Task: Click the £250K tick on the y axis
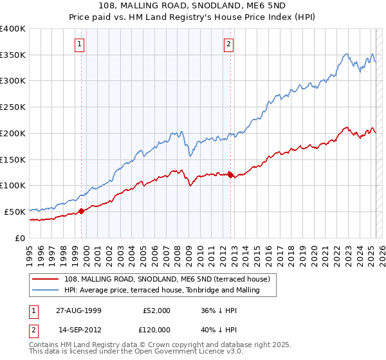tap(13, 107)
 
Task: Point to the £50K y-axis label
tap(15, 212)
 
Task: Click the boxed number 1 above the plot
tap(79, 44)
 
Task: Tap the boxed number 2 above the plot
tap(228, 44)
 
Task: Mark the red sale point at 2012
tap(230, 175)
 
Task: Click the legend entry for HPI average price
tap(161, 291)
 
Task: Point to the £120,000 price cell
tap(156, 330)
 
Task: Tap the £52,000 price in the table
tap(156, 310)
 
